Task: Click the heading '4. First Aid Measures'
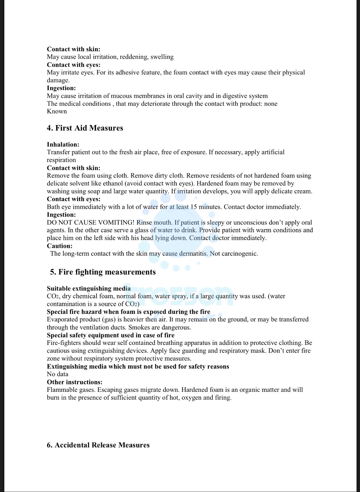85,128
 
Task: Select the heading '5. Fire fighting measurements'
103,272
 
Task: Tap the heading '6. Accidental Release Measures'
98,445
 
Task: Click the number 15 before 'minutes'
194,207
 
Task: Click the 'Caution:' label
60,246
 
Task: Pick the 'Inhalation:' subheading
63,144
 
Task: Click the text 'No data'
58,374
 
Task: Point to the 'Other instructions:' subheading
75,382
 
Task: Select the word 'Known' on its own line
57,111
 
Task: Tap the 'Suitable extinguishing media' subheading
89,288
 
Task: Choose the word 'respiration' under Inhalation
61,160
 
